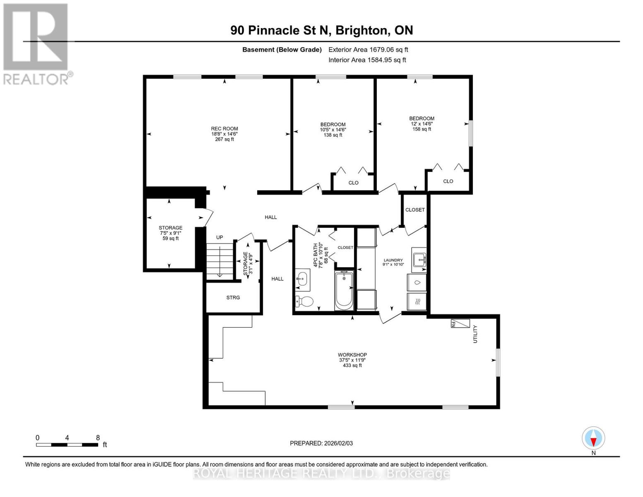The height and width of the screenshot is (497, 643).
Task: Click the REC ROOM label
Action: (224, 129)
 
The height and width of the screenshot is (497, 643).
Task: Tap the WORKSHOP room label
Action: (352, 355)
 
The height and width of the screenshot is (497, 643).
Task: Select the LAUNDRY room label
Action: (393, 261)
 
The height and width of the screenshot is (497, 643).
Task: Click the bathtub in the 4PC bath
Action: (344, 290)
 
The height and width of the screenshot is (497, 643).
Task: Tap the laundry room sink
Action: (419, 260)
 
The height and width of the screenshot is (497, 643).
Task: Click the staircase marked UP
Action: (219, 261)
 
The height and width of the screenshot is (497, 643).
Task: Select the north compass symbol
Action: (593, 438)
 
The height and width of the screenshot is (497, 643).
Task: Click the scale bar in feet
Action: (67, 444)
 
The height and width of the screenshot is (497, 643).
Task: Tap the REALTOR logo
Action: (36, 44)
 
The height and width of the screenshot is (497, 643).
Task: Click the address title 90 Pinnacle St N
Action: (322, 30)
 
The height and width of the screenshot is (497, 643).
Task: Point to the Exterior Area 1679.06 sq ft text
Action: (368, 50)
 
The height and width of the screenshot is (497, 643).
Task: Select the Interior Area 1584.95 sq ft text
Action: (367, 60)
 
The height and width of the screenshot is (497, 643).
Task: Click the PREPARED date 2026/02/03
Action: (321, 443)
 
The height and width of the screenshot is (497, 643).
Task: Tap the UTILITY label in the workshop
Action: (475, 334)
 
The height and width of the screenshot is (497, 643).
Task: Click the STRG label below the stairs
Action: (233, 297)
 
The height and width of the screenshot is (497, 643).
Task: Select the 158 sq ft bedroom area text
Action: (422, 129)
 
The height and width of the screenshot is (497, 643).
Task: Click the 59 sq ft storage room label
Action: (171, 239)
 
